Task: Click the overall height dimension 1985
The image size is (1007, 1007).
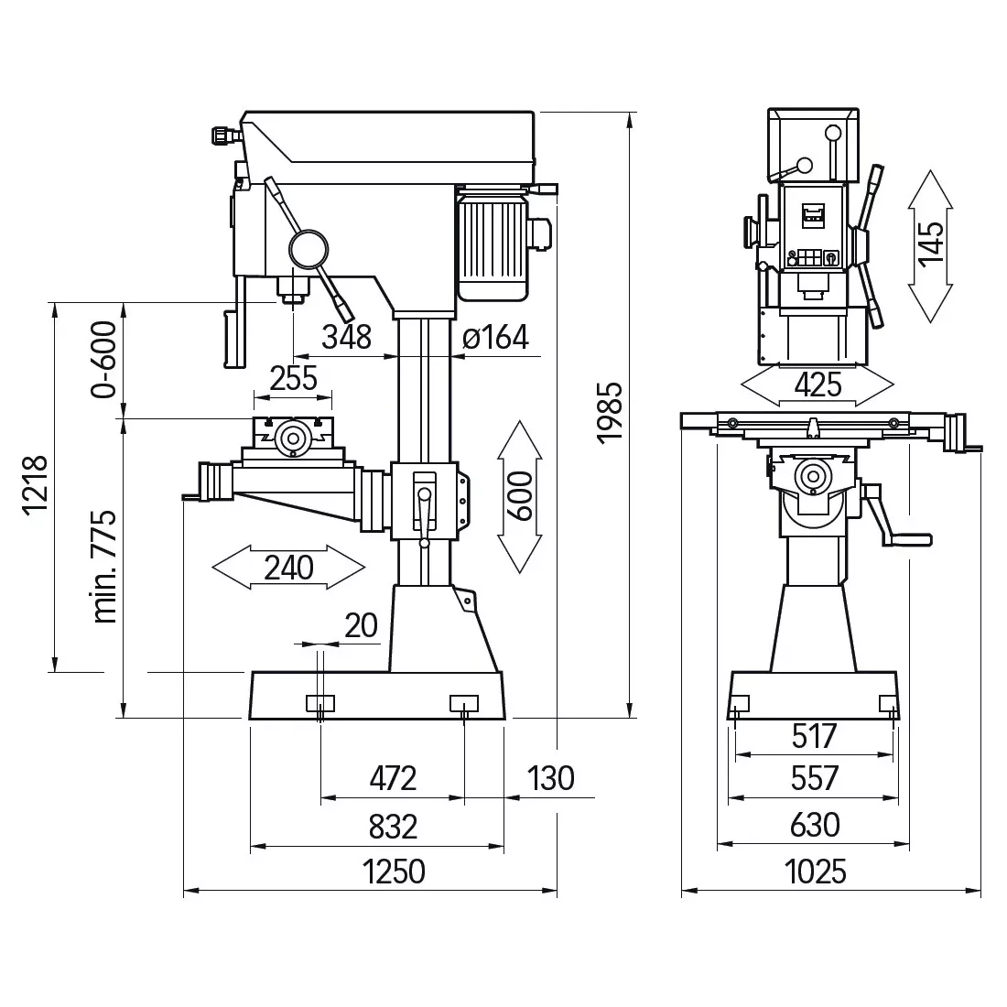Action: tap(610, 412)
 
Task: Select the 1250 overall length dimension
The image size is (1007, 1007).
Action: tap(394, 872)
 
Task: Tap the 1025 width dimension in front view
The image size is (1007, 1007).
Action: tap(816, 872)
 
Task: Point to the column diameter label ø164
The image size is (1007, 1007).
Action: tap(495, 337)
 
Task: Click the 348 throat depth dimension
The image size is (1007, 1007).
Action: tap(347, 337)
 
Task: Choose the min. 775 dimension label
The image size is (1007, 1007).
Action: tap(104, 567)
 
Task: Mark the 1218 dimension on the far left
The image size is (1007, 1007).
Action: tap(36, 485)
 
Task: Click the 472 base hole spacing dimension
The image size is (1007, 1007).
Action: tap(393, 778)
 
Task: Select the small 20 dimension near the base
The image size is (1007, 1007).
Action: tap(361, 625)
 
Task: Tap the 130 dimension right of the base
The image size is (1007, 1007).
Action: tap(551, 778)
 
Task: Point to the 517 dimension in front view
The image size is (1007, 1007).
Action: tap(815, 736)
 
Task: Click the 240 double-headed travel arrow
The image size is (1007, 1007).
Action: tap(288, 567)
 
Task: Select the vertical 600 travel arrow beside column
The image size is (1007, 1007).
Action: tap(520, 496)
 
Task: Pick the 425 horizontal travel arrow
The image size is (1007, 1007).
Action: tap(817, 385)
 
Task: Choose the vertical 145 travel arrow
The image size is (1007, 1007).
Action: tap(931, 246)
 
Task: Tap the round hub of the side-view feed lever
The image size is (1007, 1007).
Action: tap(309, 248)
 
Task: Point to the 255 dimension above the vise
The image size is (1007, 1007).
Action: tap(294, 378)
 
